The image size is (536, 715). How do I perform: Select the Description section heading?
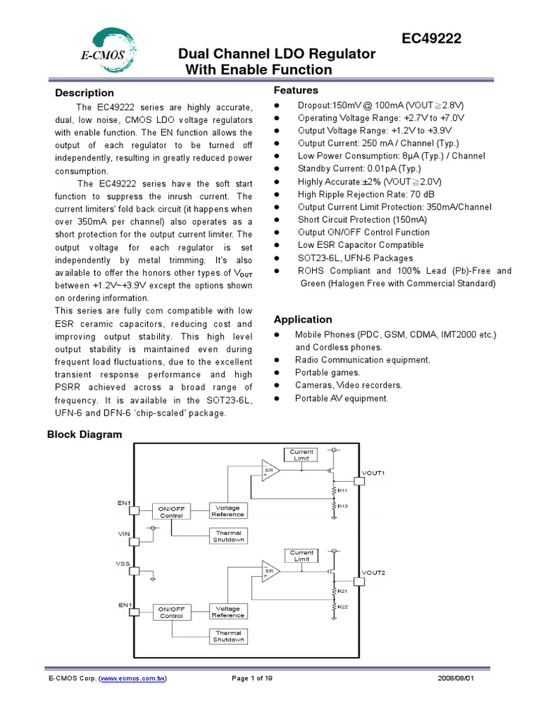point(84,93)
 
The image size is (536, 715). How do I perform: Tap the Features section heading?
point(296,90)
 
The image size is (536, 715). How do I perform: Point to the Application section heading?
point(303,319)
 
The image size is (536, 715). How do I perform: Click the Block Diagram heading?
point(84,434)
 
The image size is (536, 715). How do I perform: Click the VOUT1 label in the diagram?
point(373,473)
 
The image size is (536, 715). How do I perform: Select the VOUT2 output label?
point(373,573)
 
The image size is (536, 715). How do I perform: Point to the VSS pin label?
point(124,562)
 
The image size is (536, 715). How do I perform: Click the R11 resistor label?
point(343,491)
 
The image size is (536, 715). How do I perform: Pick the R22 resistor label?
point(343,607)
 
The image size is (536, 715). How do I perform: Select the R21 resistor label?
point(343,591)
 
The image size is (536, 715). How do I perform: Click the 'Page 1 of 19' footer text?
point(251,678)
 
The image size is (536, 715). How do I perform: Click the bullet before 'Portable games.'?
point(278,373)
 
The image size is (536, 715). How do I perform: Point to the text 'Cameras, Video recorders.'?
point(348,385)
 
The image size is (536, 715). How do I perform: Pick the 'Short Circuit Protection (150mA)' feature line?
point(362,219)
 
